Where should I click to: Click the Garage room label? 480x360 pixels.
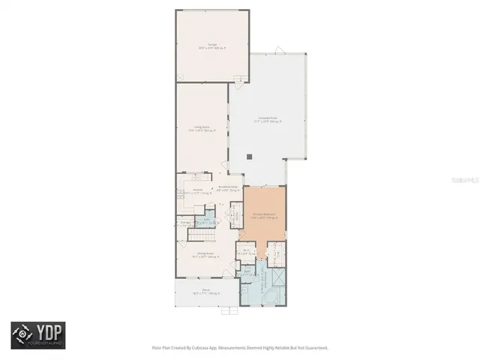[201, 46]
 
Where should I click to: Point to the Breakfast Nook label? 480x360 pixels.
[227, 190]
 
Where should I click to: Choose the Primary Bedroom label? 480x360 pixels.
[262, 217]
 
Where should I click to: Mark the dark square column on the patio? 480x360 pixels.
[250, 157]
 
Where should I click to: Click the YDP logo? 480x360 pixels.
[37, 335]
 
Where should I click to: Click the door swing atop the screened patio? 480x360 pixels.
[280, 51]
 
